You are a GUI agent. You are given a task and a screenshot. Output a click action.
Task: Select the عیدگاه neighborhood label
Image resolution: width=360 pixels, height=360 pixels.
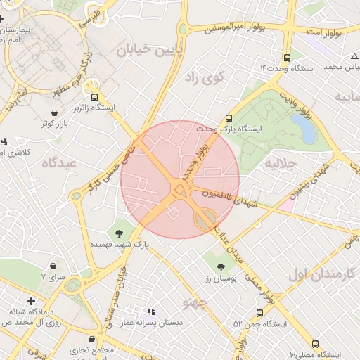point(58,163)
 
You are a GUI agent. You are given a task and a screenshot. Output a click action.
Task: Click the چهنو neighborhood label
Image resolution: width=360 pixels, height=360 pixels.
point(195,303)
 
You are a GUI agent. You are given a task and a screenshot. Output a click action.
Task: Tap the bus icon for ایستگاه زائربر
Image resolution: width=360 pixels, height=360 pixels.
point(94,96)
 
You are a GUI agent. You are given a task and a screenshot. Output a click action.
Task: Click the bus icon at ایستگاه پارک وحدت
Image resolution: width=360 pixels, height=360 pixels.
point(229,119)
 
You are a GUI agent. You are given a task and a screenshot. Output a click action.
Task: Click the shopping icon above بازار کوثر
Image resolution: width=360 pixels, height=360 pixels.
point(56,112)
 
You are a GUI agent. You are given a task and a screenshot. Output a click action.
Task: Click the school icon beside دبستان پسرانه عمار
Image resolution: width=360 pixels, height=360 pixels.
point(150,311)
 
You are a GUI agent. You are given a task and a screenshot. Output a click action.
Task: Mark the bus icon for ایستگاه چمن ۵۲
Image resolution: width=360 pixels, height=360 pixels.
point(259,313)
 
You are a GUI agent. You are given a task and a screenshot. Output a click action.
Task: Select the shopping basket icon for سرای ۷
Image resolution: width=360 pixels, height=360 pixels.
point(54,266)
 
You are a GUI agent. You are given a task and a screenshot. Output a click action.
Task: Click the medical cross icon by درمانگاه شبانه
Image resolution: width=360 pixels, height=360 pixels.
point(30,300)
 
